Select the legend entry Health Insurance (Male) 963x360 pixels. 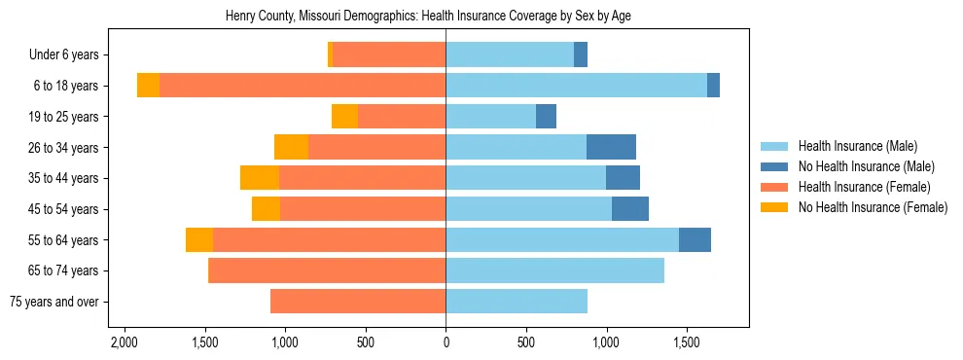coord(857,146)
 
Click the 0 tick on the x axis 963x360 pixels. coord(446,343)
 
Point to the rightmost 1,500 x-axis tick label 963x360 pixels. coord(687,343)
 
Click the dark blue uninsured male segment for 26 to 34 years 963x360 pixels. coord(611,147)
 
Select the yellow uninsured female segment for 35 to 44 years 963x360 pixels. coord(260,178)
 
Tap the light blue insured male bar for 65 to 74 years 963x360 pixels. coord(554,270)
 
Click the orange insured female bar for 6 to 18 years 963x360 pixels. coord(303,86)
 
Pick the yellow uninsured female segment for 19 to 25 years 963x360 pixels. coord(344,117)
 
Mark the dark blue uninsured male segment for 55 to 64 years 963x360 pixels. coord(695,239)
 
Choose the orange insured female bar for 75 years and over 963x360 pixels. coord(358,302)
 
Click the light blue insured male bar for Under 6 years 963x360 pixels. coord(510,55)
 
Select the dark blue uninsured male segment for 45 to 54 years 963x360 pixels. coord(630,209)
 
